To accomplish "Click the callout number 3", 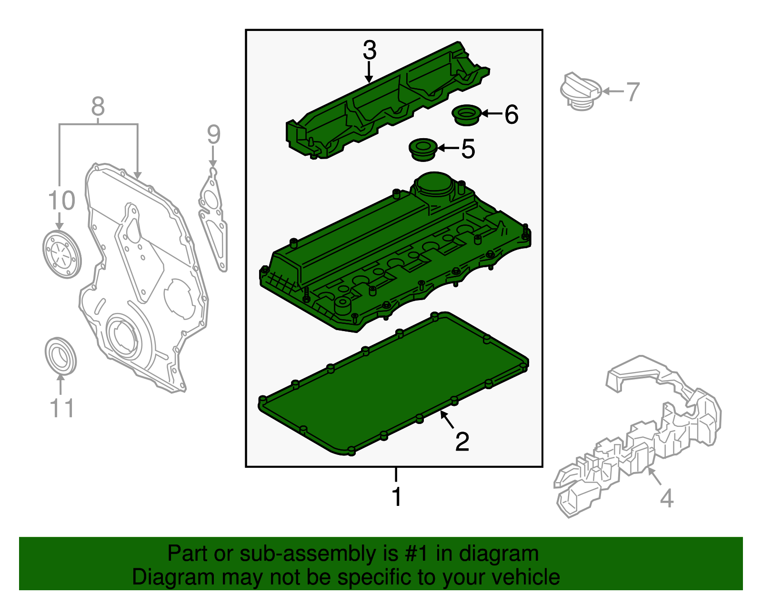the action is pos(370,50).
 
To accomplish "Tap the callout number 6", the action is pos(511,114).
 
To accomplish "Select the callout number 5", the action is pos(468,149).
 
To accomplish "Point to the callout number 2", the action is pos(462,442).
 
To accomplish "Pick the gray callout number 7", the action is pos(632,92).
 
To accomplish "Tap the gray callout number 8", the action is pos(98,106).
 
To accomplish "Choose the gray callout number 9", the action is pos(213,134).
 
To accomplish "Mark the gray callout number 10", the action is pos(61,201).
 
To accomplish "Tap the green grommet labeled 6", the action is pos(466,115).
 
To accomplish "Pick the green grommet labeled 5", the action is pos(423,150).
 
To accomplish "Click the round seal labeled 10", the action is pos(62,254).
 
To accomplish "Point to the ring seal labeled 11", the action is pos(60,356).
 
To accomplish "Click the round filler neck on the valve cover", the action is pos(434,185).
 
